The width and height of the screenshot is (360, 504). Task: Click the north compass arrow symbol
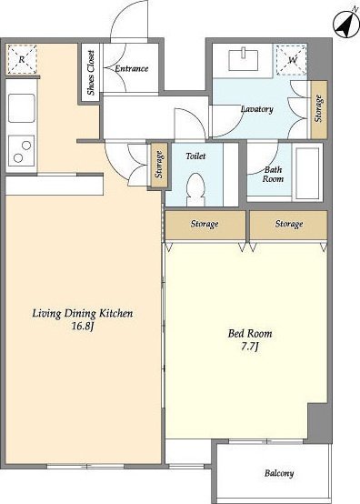[x=346, y=25]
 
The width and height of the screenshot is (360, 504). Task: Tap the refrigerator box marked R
[x=22, y=60]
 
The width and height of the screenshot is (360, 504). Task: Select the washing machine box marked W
[x=291, y=60]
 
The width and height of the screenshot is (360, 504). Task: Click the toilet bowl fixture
[x=195, y=189]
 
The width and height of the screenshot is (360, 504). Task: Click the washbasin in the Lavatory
[x=244, y=60]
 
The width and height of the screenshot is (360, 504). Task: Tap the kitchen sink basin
[x=22, y=108]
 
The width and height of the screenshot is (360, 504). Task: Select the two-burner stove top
[x=22, y=151]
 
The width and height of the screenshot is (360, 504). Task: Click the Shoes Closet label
[x=91, y=72]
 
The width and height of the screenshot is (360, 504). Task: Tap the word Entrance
[x=132, y=68]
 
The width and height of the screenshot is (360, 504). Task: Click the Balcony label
[x=279, y=473]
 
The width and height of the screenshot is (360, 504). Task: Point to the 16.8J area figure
[x=83, y=327]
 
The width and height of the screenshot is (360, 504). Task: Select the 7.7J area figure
[x=249, y=348]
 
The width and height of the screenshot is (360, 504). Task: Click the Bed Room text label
[x=250, y=333]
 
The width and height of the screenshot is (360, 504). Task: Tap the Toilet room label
[x=195, y=156]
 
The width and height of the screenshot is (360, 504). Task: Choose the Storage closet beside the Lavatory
[x=319, y=109]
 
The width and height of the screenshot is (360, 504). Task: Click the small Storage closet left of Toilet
[x=159, y=165]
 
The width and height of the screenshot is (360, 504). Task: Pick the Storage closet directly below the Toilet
[x=205, y=225]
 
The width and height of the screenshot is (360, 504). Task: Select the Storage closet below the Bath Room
[x=288, y=225]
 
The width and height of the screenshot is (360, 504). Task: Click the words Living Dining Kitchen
[x=83, y=313]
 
